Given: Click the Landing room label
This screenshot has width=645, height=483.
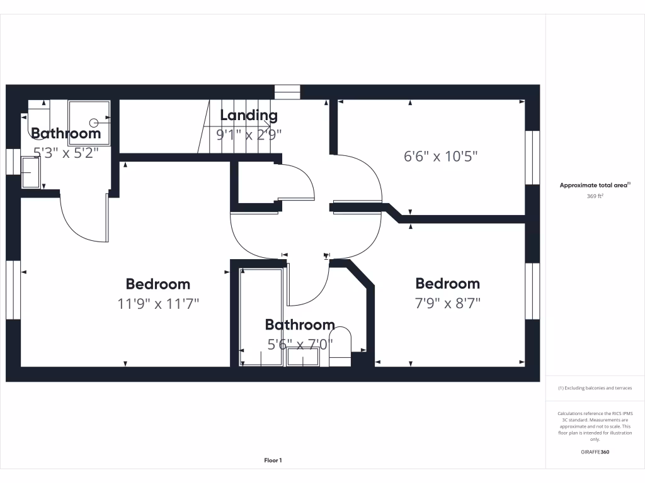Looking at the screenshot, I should coord(248,115).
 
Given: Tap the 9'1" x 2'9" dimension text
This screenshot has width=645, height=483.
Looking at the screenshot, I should coord(248,133).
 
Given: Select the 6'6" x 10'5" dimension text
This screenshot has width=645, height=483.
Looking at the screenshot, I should coord(440,156).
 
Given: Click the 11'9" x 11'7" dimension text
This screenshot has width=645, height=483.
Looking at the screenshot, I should coord(158,304).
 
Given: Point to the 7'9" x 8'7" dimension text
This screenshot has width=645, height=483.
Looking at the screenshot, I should coord(447,303).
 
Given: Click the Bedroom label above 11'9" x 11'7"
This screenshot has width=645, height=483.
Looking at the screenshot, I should coord(158,284).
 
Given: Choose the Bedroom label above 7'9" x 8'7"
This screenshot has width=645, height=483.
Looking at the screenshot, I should coord(447,284).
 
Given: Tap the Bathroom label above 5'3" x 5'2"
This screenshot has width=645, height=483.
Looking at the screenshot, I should coord(66,133).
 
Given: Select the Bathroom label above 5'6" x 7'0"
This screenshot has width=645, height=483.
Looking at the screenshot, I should coord(299,325).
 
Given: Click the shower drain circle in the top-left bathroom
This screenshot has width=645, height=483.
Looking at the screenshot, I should coord(94,123).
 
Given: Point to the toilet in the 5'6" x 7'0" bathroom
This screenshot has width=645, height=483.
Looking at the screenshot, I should coord(340,345).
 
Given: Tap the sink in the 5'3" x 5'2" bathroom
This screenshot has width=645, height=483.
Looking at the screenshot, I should coord(30,172).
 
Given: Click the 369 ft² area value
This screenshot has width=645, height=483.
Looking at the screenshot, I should coord(595,196).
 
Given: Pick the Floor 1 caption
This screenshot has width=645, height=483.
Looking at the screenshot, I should coord(273,460).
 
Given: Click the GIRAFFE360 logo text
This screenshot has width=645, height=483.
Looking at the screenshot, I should coord(595,452).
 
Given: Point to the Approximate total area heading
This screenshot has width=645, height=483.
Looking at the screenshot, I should coord(595,185).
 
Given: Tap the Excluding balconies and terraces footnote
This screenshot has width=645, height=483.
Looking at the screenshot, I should coord(595,388).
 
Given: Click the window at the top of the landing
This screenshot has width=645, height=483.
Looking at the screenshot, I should coord(287,92).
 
